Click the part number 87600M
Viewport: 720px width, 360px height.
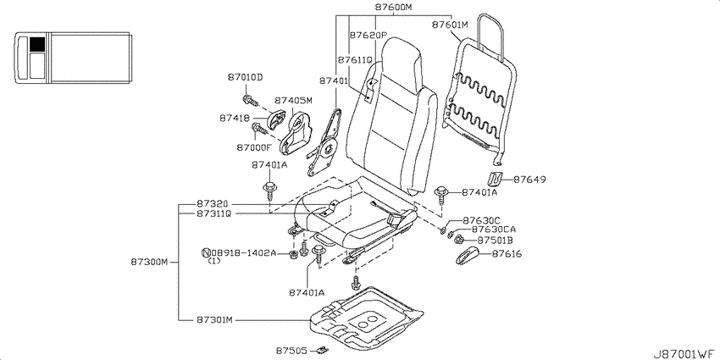[394, 8]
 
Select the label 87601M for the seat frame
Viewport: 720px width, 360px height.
[450, 25]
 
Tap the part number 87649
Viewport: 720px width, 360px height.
[529, 180]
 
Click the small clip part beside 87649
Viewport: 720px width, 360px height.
[494, 178]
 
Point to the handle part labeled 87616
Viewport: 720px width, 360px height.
[468, 255]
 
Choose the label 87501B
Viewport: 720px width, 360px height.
[495, 241]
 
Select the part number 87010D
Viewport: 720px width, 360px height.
[245, 77]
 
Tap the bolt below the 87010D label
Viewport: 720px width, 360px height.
[249, 100]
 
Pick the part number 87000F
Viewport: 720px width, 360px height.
[254, 147]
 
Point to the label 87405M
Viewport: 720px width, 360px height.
[293, 101]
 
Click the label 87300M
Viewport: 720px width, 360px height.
[149, 263]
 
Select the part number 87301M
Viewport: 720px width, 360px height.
[215, 319]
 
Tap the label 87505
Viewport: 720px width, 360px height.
[291, 351]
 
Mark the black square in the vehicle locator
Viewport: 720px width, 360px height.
[37, 44]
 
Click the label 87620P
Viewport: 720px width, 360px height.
[368, 36]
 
